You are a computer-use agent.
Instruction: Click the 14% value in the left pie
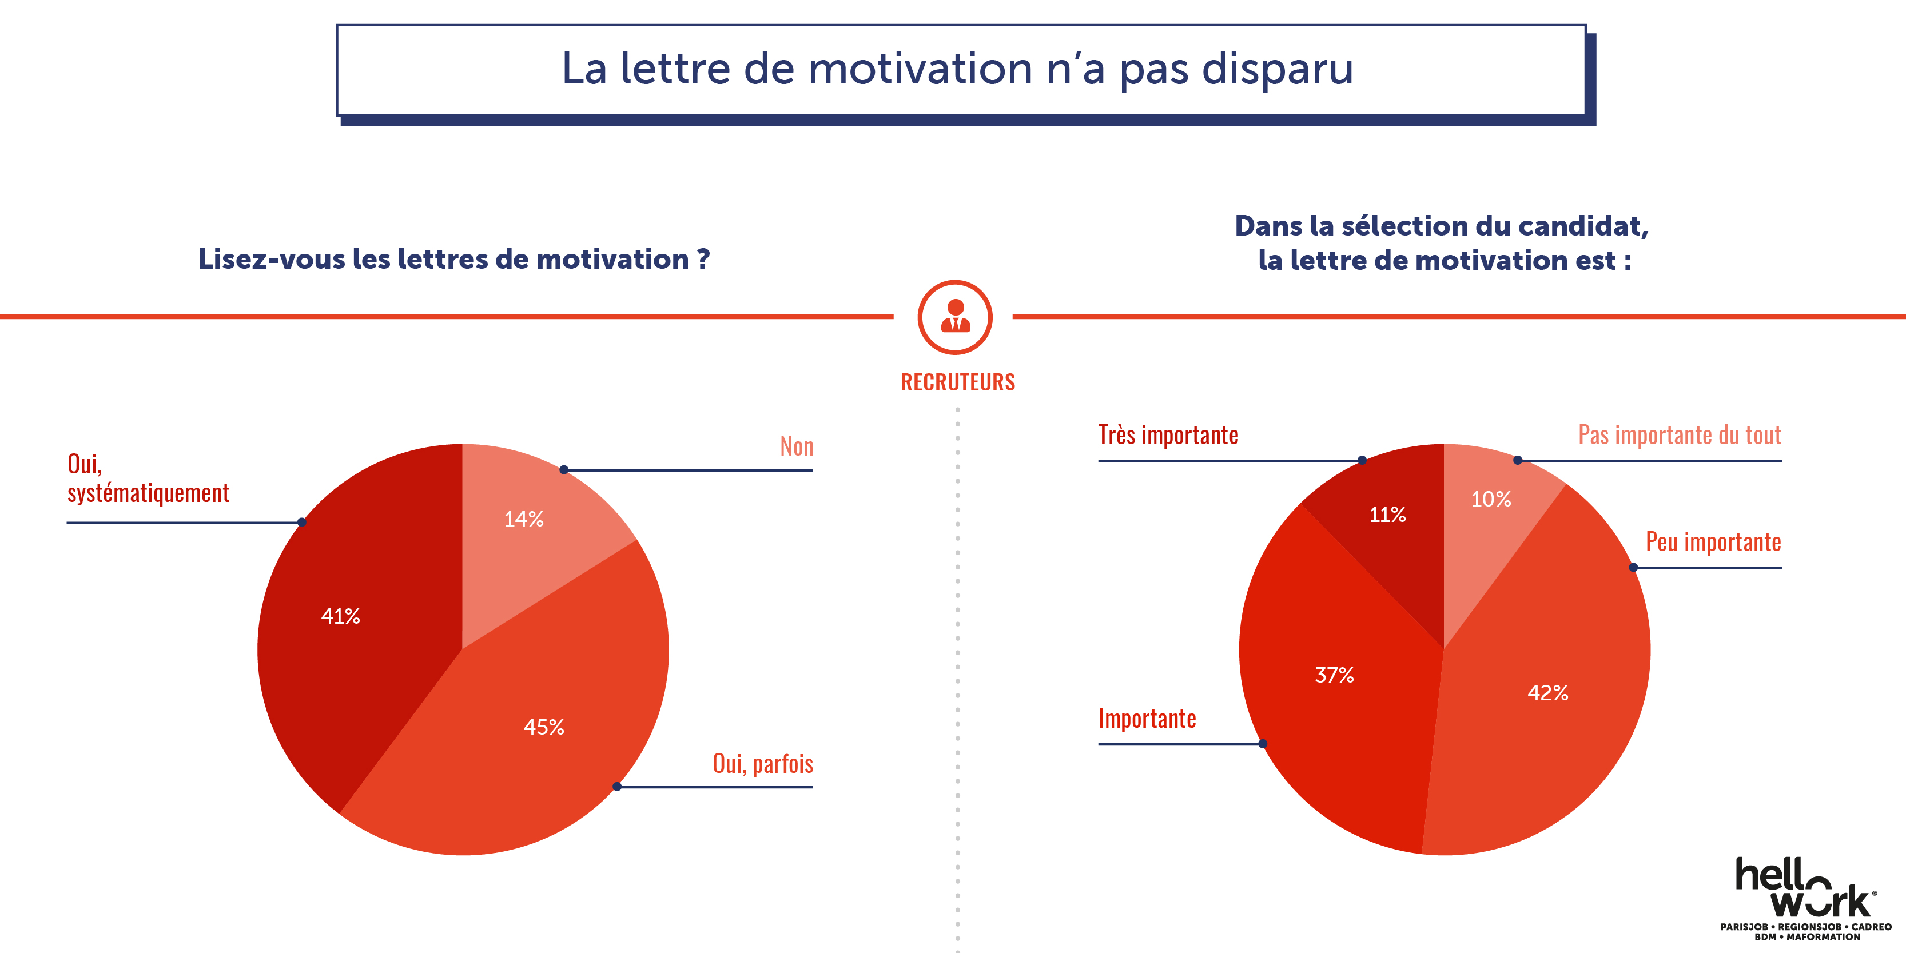pos(524,519)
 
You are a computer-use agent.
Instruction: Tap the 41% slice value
pos(340,616)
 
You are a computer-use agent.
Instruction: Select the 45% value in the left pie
pos(544,727)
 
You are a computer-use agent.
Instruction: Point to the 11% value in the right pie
pos(1387,515)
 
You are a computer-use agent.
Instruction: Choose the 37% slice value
pos(1334,675)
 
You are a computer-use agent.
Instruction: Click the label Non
pos(796,446)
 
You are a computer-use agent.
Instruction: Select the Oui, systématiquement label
pos(148,478)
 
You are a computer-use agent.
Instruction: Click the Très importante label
pos(1168,435)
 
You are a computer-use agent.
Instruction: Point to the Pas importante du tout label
pos(1679,435)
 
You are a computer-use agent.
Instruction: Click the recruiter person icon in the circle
pos(955,317)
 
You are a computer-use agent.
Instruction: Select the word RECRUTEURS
pos(957,382)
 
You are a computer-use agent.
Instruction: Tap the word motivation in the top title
pos(920,69)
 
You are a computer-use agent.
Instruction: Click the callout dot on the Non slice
pos(564,470)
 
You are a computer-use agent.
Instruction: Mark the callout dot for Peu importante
pos(1634,568)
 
